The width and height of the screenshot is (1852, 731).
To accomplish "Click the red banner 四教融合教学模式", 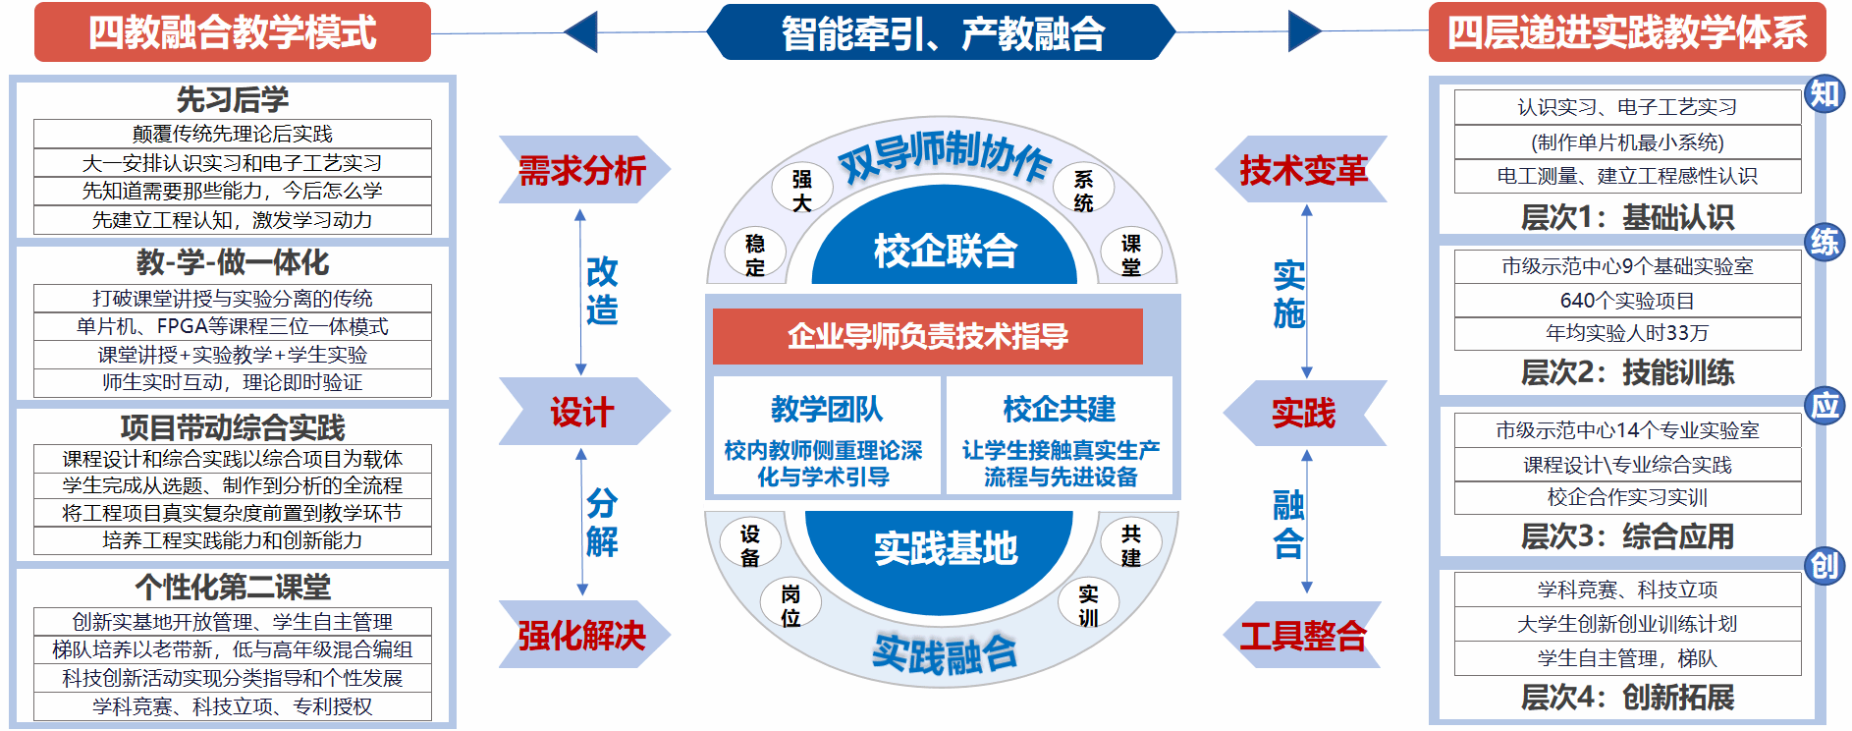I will click(x=233, y=32).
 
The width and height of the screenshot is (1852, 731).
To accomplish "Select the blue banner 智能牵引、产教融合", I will click(x=942, y=32).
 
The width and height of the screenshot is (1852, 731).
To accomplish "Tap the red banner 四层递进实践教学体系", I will click(x=1626, y=32).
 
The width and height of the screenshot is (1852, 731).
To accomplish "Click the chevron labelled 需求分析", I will click(x=582, y=170).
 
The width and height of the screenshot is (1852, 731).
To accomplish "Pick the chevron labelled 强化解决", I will click(x=582, y=635).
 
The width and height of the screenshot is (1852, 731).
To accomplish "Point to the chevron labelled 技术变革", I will click(x=1303, y=170).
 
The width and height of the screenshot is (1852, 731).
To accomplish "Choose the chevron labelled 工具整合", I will click(x=1303, y=635).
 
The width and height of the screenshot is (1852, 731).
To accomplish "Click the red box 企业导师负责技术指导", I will click(x=928, y=336).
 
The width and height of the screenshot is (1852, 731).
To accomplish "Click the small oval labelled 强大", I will click(x=802, y=190).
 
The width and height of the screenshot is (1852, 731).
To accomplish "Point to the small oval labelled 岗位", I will click(x=790, y=605).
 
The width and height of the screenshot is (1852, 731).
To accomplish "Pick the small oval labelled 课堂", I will click(x=1131, y=254).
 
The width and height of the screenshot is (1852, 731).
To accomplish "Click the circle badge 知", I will click(x=1825, y=94).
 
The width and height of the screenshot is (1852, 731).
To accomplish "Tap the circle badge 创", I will click(x=1825, y=566).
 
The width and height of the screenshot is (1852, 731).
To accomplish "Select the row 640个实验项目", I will click(x=1627, y=301).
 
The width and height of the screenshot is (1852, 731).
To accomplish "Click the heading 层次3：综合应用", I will click(x=1627, y=536).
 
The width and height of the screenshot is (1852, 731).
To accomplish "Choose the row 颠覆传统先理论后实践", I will click(x=233, y=134).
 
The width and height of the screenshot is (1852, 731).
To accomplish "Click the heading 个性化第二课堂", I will click(x=233, y=587).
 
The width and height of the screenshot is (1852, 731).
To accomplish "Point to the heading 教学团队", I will click(x=826, y=409).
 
